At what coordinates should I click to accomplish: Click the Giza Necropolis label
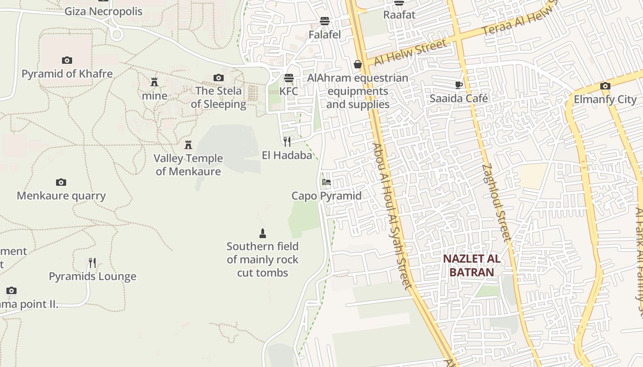click(x=103, y=11)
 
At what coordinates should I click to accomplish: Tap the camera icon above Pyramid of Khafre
click(x=67, y=60)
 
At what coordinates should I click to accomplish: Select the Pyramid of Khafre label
click(x=67, y=73)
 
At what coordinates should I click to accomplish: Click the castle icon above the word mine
click(x=154, y=83)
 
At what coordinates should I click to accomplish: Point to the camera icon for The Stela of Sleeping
click(x=219, y=78)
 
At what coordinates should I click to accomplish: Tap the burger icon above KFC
click(x=289, y=78)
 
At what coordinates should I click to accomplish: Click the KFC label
click(x=289, y=91)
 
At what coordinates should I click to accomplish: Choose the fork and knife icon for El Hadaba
click(x=287, y=141)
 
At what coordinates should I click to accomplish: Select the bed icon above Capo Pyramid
click(x=327, y=182)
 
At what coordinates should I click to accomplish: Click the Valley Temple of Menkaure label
click(x=188, y=165)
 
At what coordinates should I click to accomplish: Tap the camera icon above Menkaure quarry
click(x=61, y=182)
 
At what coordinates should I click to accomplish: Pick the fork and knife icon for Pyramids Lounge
click(x=92, y=263)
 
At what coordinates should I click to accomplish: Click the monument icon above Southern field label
click(x=263, y=234)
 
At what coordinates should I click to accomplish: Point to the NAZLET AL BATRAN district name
click(x=472, y=265)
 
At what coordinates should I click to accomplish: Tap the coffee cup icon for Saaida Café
click(x=459, y=85)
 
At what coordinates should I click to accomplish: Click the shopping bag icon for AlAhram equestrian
click(x=358, y=65)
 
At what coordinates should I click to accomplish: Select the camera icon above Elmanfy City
click(x=605, y=86)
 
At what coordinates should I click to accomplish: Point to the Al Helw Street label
click(x=410, y=52)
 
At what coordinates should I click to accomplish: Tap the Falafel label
click(x=325, y=34)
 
